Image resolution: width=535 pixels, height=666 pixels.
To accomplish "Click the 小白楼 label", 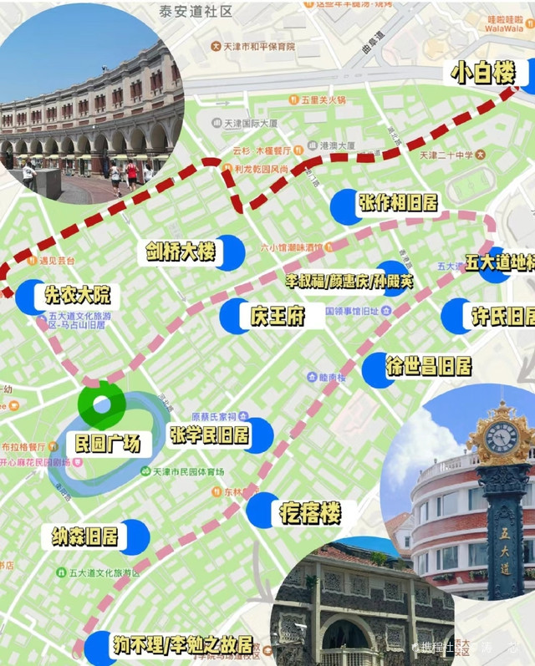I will (x=483, y=74).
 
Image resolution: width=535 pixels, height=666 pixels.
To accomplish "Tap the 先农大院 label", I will (x=77, y=296).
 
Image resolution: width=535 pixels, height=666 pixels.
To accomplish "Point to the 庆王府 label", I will (x=276, y=316).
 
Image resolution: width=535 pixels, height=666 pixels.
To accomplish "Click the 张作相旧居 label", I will (x=398, y=202).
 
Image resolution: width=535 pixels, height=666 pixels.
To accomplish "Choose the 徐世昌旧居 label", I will (x=428, y=366).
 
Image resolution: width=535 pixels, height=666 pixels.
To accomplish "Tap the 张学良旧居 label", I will (x=209, y=435).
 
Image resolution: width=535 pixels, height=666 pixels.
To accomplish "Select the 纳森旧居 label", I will (x=85, y=536).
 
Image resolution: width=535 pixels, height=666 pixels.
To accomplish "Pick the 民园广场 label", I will (x=107, y=444).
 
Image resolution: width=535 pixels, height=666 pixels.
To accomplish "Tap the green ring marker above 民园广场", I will (x=101, y=404).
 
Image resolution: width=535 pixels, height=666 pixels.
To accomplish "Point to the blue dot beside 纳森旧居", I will (x=133, y=536).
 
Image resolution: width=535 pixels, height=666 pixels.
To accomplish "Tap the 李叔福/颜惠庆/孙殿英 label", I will (x=349, y=282).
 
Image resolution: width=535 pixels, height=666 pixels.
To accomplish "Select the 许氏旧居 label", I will (x=502, y=317).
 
